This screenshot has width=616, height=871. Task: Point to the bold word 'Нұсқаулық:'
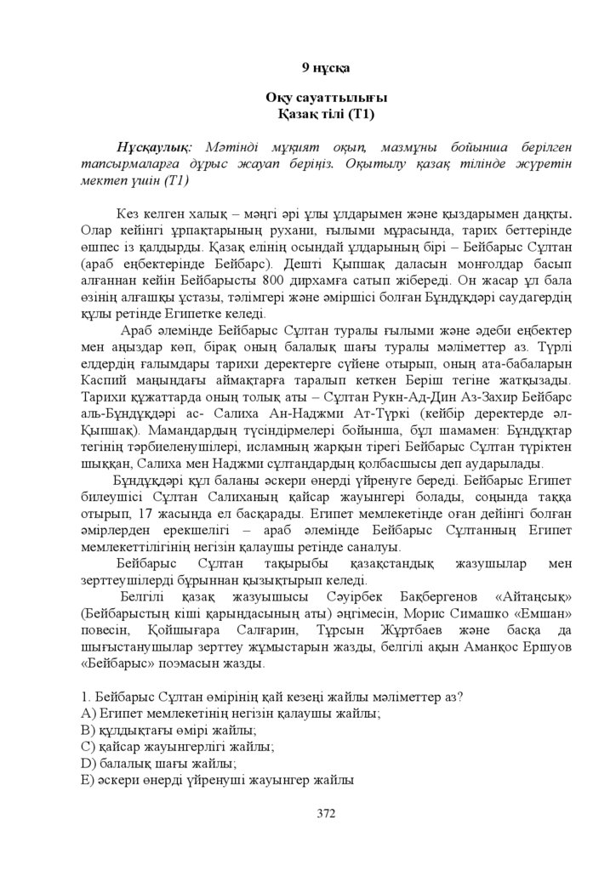click(155, 148)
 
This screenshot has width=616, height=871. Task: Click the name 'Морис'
click(413, 612)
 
